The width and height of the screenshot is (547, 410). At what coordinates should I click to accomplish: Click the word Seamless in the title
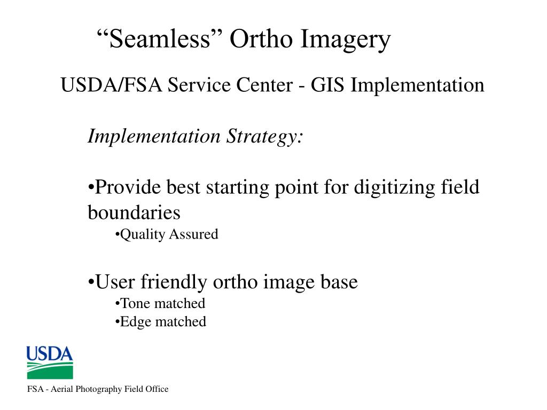coord(160,38)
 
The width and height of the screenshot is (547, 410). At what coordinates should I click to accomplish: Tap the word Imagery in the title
coord(346,41)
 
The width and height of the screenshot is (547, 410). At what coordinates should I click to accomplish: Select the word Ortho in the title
coord(261,38)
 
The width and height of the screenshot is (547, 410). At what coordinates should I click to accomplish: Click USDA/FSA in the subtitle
coord(111,85)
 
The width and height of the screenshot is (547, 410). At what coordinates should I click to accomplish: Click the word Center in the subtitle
coord(264,85)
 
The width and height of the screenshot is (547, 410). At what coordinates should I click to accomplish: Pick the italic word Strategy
coord(264,137)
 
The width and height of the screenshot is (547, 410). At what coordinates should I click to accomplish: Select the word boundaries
coord(134,212)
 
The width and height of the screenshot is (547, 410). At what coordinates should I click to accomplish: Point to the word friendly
coord(174,283)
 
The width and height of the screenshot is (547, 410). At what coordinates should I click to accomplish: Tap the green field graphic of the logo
coord(50,370)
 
